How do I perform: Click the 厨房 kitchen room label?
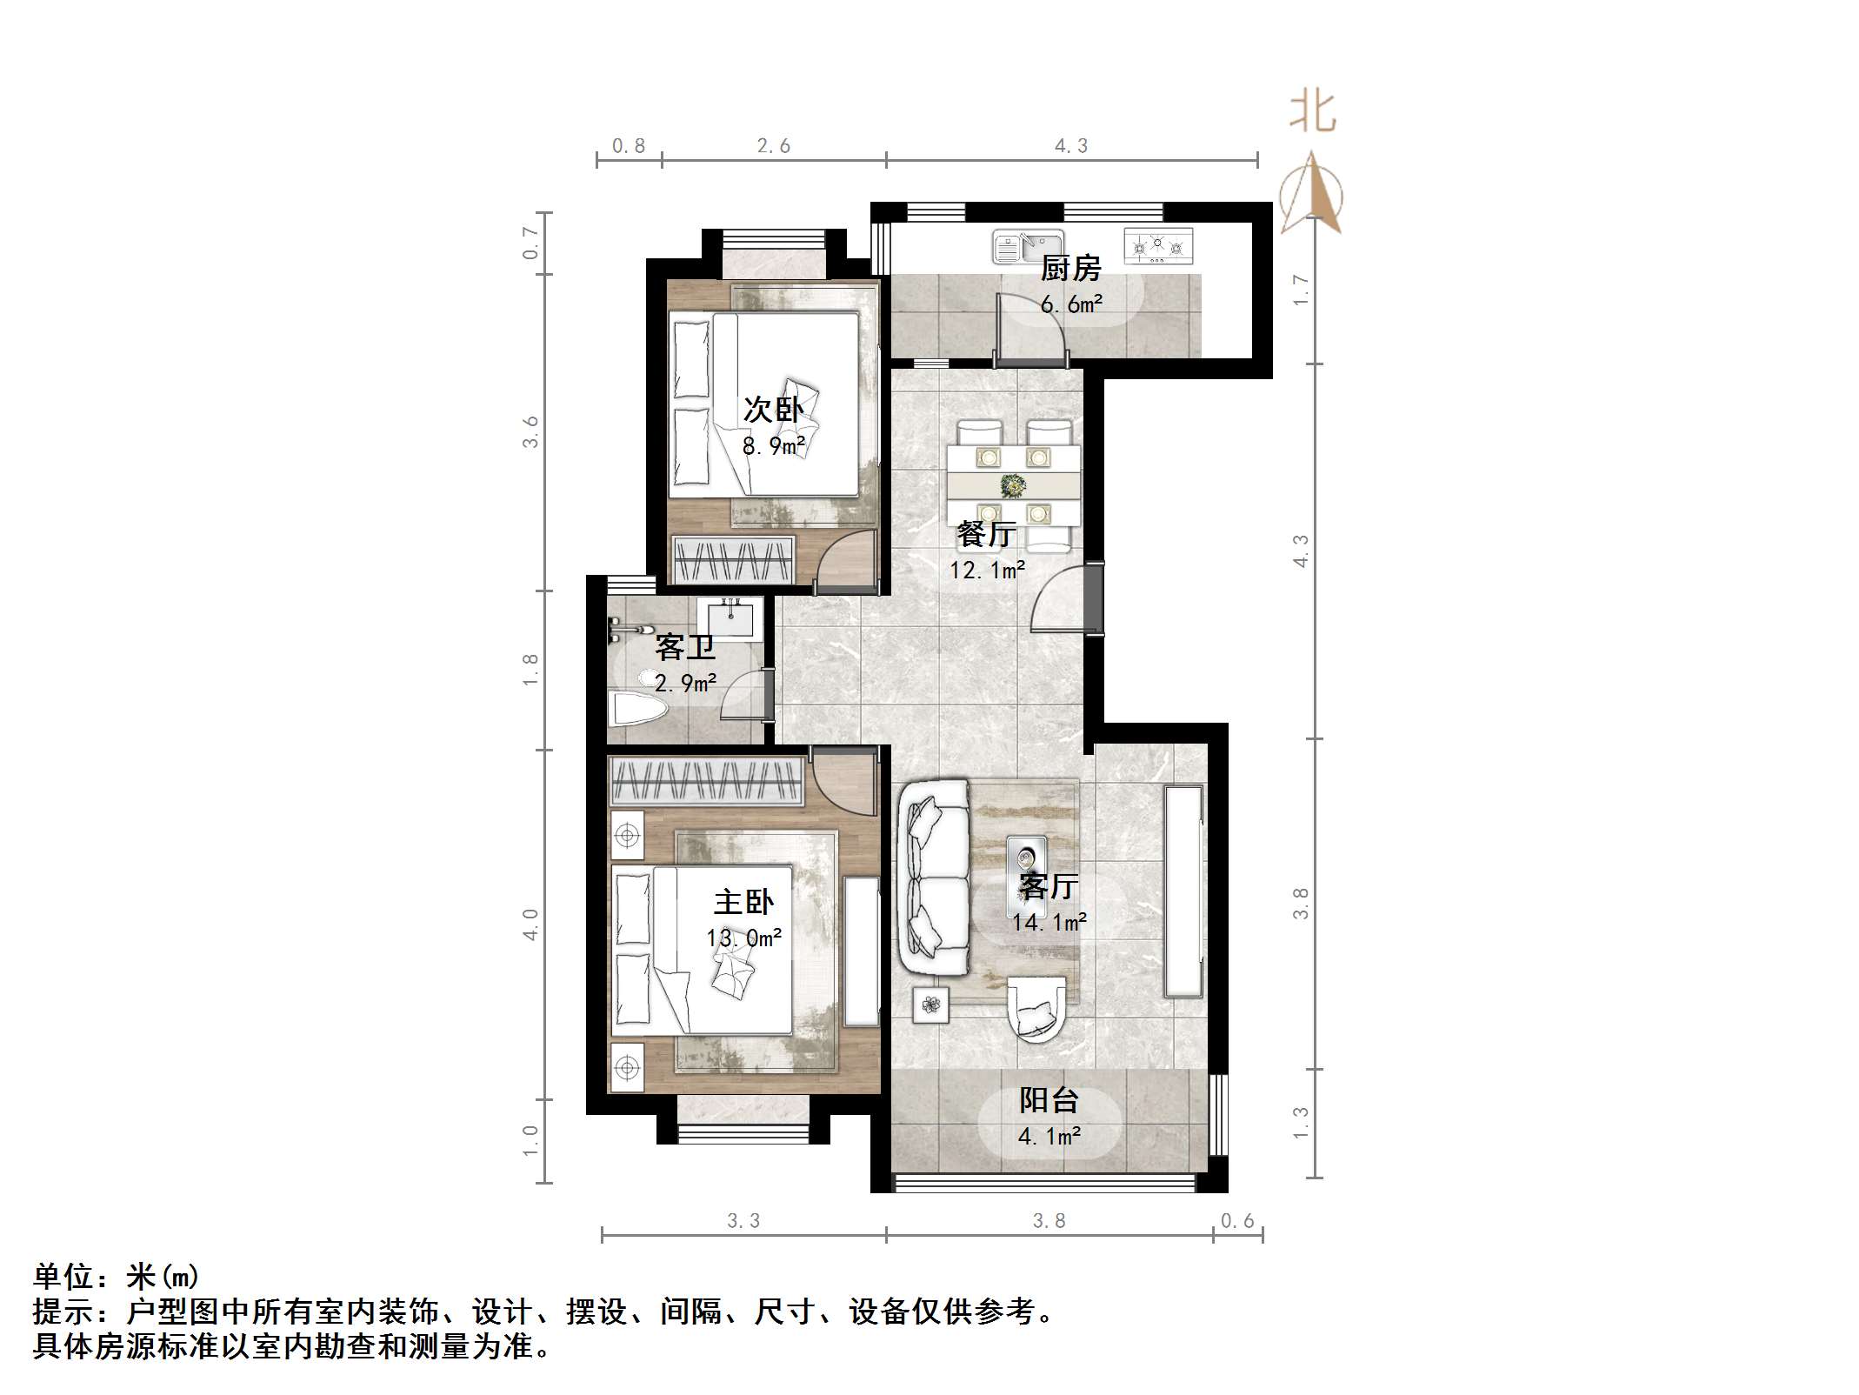[x=1071, y=269]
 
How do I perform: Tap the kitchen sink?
[x=1028, y=247]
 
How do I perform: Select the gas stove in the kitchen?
[x=1157, y=246]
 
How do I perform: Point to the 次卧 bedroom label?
[x=773, y=410]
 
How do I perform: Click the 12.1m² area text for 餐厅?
[x=987, y=571]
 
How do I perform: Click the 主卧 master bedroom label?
[x=743, y=902]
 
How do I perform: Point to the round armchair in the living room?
[x=1036, y=1009]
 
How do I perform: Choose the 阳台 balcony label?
[x=1049, y=1100]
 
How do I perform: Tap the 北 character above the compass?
[x=1312, y=114]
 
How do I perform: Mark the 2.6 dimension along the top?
[x=773, y=146]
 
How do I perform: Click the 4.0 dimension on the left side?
[x=530, y=924]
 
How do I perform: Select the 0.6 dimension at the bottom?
[x=1237, y=1221]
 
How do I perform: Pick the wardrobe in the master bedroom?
[x=706, y=780]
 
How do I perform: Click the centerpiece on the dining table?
[x=1012, y=485]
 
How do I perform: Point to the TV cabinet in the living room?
[x=1183, y=891]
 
